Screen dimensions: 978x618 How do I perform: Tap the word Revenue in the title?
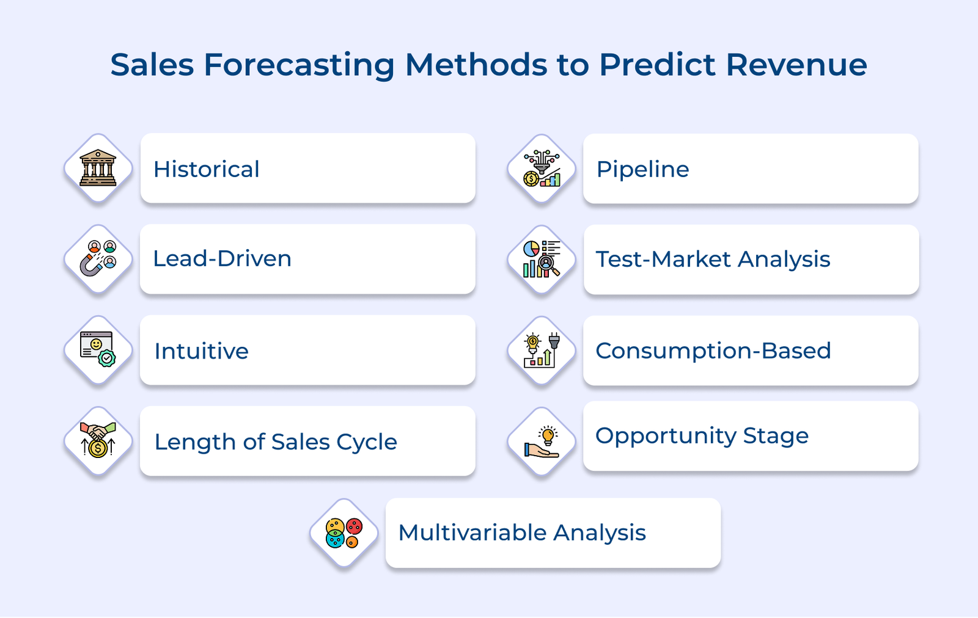tap(796, 65)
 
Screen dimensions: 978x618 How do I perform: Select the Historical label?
tap(207, 169)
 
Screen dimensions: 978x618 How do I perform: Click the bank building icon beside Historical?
tap(98, 168)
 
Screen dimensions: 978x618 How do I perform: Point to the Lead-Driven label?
tap(222, 259)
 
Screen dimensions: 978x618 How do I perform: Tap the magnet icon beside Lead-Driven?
tap(98, 259)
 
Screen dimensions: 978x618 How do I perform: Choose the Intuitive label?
tap(201, 351)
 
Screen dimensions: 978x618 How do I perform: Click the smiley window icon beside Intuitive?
tap(98, 349)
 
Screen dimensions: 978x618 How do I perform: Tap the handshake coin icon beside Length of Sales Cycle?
tap(98, 441)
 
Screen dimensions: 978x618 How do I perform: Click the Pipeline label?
tap(642, 169)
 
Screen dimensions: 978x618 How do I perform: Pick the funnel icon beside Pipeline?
tap(542, 169)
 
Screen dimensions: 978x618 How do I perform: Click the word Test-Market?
tap(663, 260)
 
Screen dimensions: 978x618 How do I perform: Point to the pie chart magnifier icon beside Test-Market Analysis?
tap(542, 259)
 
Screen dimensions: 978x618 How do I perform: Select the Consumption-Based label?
tap(713, 351)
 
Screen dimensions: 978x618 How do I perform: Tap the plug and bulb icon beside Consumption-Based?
tap(542, 350)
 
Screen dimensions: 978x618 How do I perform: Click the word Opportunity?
tap(666, 436)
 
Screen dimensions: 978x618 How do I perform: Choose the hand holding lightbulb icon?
tap(542, 442)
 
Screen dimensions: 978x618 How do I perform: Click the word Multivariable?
tap(472, 533)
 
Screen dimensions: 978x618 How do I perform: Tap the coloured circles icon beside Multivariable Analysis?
tap(344, 533)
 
